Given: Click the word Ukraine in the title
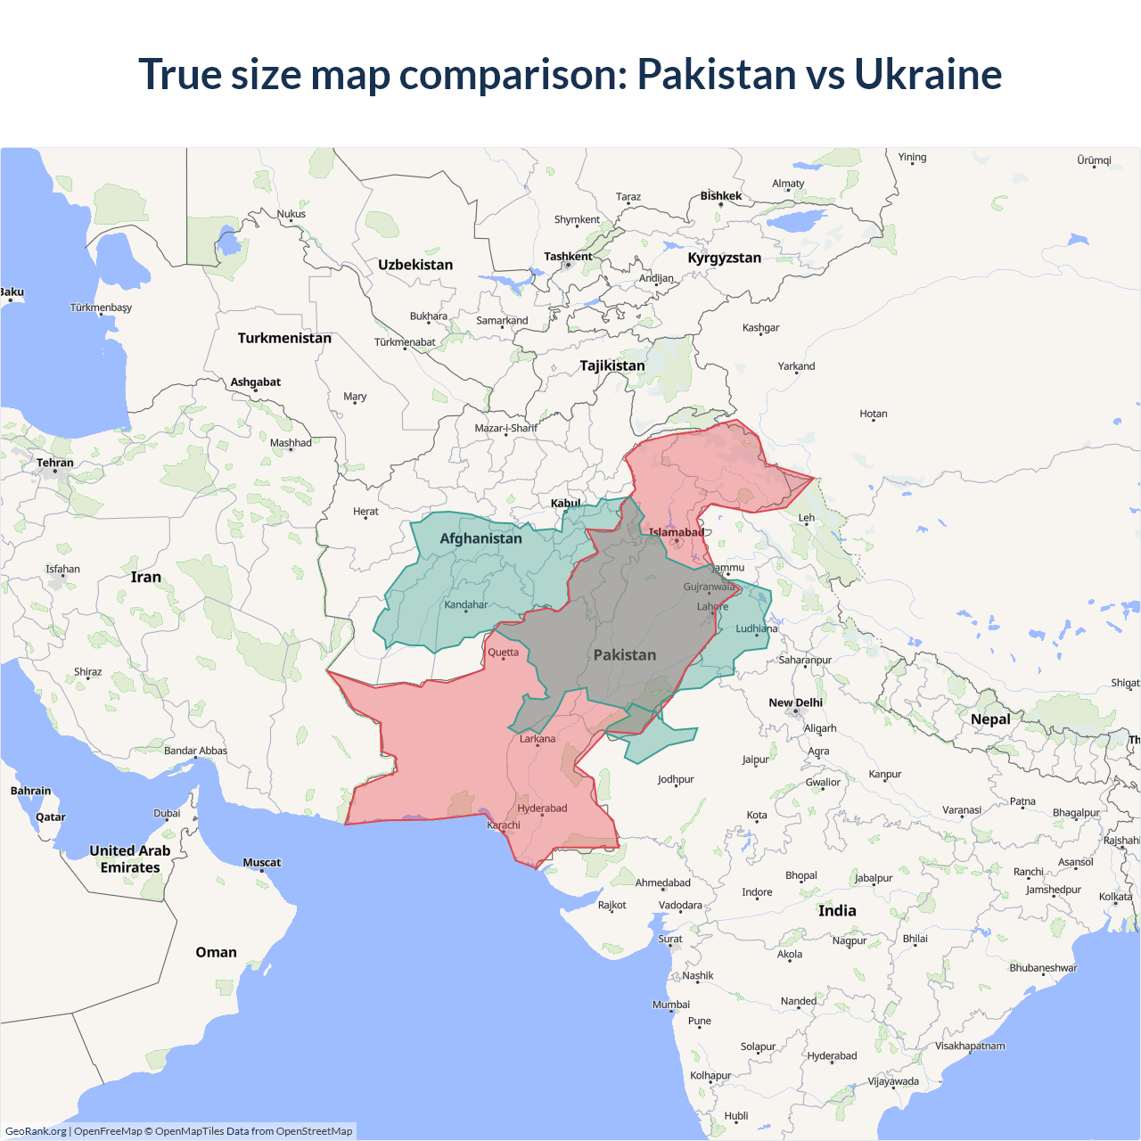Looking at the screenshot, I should click(x=927, y=74).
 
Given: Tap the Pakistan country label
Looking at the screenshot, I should click(x=624, y=655).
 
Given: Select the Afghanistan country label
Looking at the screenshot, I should click(x=480, y=538).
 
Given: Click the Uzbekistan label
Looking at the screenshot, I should click(x=415, y=265).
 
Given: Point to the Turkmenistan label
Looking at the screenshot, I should click(x=284, y=338).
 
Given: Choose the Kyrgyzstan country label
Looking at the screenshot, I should click(x=724, y=258).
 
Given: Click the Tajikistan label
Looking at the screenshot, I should click(x=612, y=365).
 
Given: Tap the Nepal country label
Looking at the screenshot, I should click(x=990, y=719).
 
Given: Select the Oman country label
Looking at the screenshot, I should click(x=216, y=952).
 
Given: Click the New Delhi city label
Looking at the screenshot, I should click(x=795, y=702).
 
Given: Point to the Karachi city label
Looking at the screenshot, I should click(x=504, y=825).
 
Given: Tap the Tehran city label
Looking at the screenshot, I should click(x=55, y=463).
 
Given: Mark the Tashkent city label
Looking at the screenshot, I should click(x=568, y=257).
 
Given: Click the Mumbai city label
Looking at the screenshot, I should click(x=670, y=1005).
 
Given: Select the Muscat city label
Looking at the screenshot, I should click(x=261, y=862).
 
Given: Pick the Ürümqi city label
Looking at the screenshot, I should click(x=1094, y=160).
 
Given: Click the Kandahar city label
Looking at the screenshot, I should click(x=466, y=604).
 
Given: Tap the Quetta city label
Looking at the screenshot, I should click(x=503, y=653).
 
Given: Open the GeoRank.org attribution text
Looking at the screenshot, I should click(x=36, y=1131).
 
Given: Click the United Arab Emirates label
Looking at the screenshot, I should click(x=130, y=859).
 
